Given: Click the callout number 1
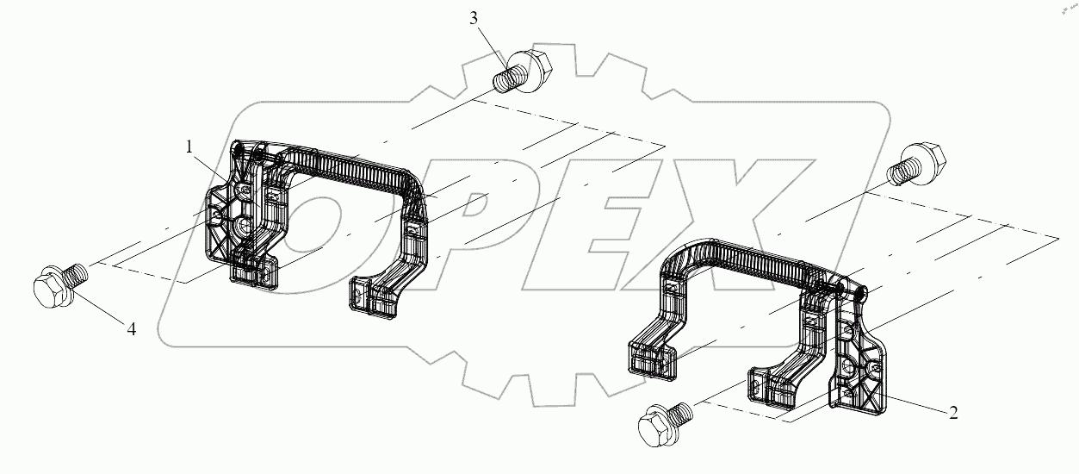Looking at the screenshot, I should point(189,147).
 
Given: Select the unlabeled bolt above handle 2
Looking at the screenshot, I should point(921,165).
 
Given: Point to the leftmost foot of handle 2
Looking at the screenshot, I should point(651,357).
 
